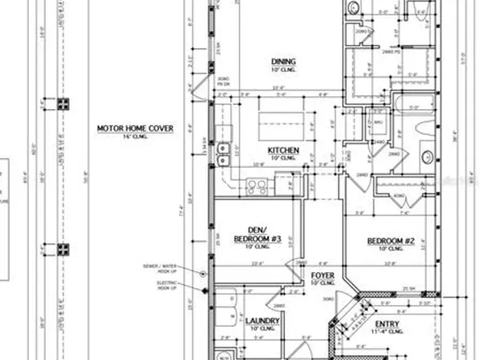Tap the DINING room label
(283, 61)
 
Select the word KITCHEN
(284, 151)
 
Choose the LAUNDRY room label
(261, 320)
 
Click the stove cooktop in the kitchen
(257, 186)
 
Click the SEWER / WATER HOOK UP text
(170, 270)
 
